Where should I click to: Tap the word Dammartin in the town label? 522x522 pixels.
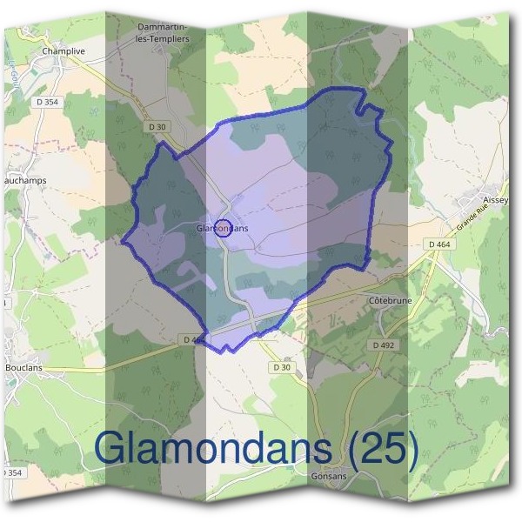click(159, 27)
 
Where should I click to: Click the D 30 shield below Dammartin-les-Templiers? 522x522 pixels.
click(157, 127)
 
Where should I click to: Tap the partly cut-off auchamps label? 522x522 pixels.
click(23, 182)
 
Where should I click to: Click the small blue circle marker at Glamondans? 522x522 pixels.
click(222, 228)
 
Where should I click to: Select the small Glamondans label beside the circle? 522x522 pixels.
click(222, 228)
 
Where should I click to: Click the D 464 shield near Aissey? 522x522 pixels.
click(439, 245)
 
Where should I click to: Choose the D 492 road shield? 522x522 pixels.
click(384, 345)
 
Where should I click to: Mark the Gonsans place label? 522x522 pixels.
click(328, 477)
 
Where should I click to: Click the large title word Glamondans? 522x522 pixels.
click(212, 447)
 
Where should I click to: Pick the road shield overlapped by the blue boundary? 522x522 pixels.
click(193, 339)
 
